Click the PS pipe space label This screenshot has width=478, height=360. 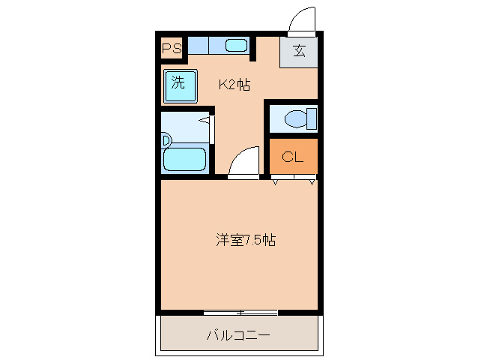(172, 49)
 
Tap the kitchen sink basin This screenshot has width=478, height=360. (236, 46)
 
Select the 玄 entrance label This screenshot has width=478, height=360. (299, 51)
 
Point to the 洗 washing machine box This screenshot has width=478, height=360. (179, 84)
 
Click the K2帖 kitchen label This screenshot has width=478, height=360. (234, 85)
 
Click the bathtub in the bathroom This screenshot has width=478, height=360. (184, 159)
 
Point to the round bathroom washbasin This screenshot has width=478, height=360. (166, 139)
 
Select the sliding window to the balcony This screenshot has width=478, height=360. (240, 312)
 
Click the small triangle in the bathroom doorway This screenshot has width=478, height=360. (204, 118)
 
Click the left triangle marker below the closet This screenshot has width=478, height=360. (275, 181)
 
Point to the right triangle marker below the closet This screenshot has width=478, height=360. (312, 181)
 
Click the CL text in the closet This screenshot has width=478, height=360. (292, 157)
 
